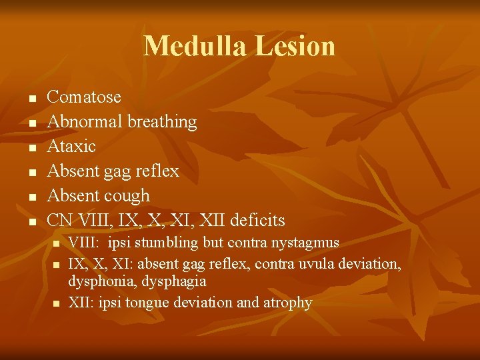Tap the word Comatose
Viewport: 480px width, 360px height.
click(x=84, y=97)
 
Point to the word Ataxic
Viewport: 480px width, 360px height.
click(x=71, y=146)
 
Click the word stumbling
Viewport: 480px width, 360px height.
click(x=167, y=243)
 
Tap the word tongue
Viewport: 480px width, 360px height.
click(x=148, y=303)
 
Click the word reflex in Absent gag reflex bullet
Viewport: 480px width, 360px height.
click(x=157, y=171)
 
